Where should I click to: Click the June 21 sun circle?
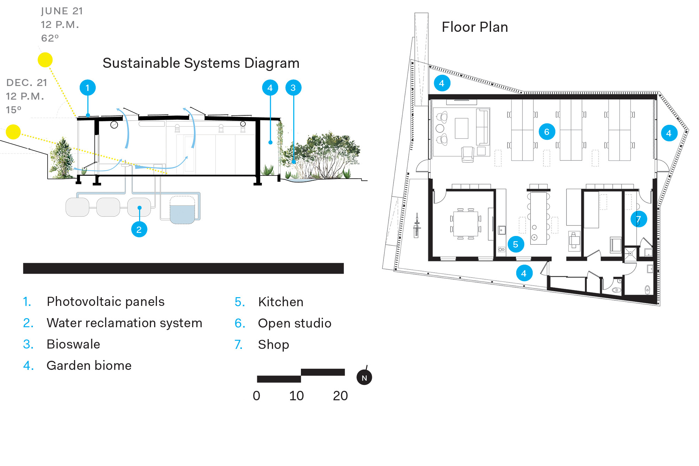click(45, 60)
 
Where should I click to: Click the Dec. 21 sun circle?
click(13, 132)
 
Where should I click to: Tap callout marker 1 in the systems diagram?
click(87, 87)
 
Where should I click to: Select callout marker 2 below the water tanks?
click(139, 229)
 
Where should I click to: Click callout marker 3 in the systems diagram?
click(293, 87)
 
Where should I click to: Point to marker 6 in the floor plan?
click(547, 132)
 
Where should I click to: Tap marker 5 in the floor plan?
click(516, 244)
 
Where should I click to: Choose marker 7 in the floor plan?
click(638, 219)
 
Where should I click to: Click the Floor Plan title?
click(475, 27)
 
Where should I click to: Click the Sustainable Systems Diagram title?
click(201, 63)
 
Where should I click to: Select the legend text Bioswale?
click(73, 344)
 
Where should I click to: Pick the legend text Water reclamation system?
click(124, 323)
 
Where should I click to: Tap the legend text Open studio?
click(295, 323)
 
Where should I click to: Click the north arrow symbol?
click(364, 377)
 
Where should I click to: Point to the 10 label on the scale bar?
click(296, 396)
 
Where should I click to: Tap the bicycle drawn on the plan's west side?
click(416, 225)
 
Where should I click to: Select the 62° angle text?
click(50, 38)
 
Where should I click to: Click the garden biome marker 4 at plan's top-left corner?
click(442, 83)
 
